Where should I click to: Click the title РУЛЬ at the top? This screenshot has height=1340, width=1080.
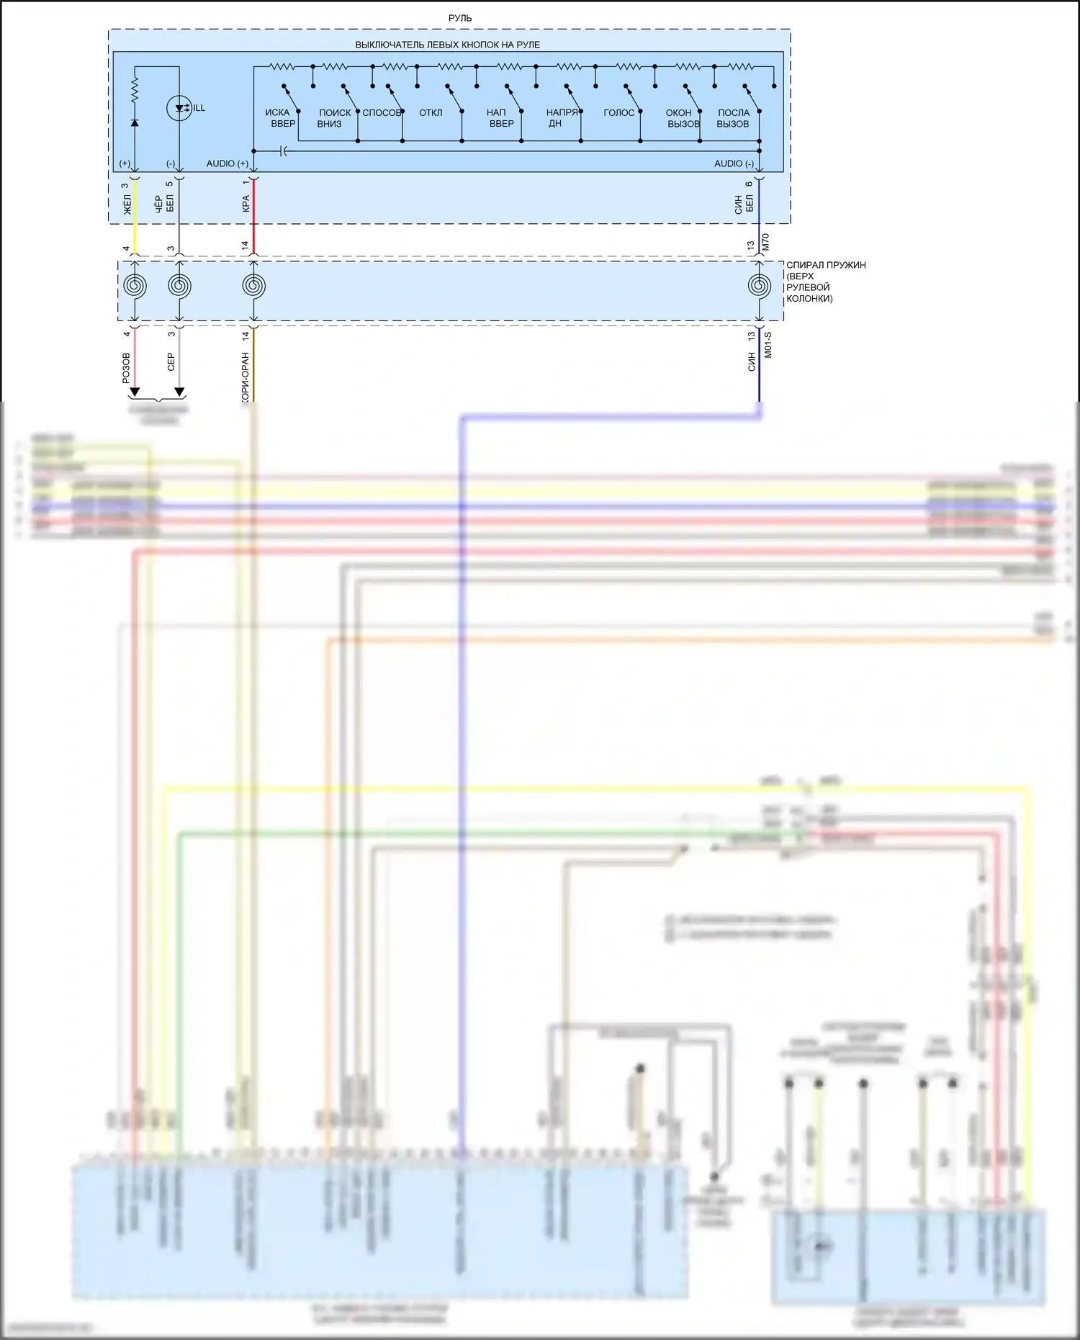tap(460, 18)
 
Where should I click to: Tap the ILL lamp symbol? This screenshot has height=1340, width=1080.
tap(179, 108)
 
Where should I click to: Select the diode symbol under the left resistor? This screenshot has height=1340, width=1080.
tap(135, 122)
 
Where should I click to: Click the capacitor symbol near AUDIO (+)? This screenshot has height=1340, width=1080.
tap(283, 151)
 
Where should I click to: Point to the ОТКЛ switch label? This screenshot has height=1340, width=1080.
tap(431, 113)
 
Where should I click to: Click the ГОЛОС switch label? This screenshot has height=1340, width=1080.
tap(619, 113)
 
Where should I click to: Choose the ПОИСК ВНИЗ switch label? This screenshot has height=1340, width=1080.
tap(334, 118)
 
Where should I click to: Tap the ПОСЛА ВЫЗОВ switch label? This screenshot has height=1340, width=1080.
tap(733, 118)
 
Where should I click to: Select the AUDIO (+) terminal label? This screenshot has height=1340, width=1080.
tap(227, 164)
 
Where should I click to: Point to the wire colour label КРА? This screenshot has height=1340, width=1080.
tap(246, 204)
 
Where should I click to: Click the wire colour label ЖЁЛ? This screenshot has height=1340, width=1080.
tap(127, 204)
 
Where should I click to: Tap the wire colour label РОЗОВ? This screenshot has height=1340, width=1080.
tap(127, 367)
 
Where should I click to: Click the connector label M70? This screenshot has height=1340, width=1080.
tap(766, 242)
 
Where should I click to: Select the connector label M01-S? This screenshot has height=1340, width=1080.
tap(768, 345)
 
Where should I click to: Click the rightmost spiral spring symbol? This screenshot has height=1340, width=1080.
tap(759, 286)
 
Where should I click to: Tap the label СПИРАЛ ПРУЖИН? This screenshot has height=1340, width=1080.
tap(826, 265)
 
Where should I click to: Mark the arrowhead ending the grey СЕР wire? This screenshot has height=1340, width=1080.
tap(179, 392)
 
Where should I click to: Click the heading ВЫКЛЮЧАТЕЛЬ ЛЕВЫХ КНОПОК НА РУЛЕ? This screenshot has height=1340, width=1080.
tap(447, 45)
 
